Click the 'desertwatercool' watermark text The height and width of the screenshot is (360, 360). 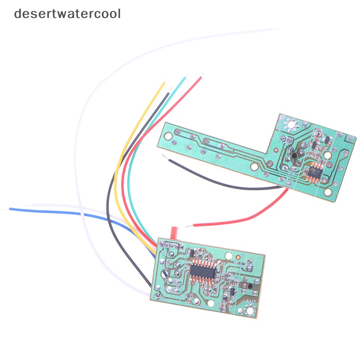tap(67, 13)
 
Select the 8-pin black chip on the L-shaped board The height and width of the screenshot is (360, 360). tap(314, 171)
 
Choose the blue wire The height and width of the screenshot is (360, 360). tap(67, 214)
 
